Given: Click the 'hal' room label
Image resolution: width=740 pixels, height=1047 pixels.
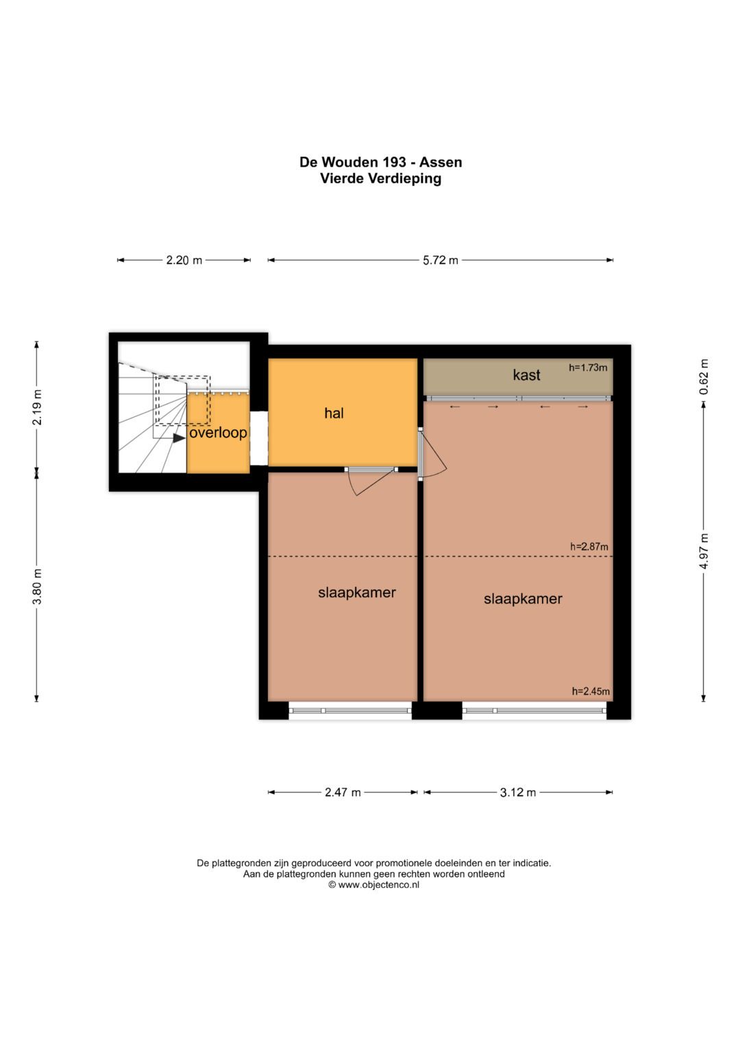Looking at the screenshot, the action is (x=334, y=413).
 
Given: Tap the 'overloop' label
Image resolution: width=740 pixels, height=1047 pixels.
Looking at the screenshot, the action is (x=218, y=433).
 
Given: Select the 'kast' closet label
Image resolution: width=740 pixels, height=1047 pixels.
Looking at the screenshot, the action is (x=526, y=375).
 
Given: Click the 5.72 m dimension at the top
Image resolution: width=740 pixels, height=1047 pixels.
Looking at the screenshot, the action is (x=441, y=261).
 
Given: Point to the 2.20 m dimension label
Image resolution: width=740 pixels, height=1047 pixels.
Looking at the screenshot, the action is (x=184, y=261).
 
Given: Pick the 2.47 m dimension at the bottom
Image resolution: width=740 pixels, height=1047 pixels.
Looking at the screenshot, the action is (x=343, y=792).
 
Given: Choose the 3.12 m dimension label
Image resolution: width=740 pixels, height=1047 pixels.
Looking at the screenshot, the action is (x=518, y=792).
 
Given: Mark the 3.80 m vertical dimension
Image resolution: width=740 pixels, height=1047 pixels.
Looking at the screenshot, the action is (x=37, y=587).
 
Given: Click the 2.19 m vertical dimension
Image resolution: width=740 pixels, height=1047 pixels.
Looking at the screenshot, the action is (x=37, y=407).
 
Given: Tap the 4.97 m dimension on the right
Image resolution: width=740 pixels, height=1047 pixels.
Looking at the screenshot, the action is (x=704, y=551).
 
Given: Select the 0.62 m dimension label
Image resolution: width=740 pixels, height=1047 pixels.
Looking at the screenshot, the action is (x=704, y=376).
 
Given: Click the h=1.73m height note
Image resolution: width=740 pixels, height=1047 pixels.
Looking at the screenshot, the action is (x=588, y=368).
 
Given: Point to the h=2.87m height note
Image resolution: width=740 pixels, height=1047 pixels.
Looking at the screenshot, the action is (x=589, y=546).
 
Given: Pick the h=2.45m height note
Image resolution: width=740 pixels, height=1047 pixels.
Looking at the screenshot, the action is (x=591, y=691).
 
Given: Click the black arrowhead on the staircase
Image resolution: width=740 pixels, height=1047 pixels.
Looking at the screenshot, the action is (x=179, y=438).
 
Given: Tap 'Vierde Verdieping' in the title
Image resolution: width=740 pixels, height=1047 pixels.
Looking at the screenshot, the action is (x=381, y=178).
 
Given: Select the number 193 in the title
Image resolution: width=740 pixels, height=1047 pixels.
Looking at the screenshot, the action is (x=394, y=163).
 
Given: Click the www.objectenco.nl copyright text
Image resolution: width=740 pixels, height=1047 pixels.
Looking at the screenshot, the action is (x=373, y=884).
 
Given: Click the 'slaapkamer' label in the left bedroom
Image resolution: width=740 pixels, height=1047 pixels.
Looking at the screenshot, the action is (x=357, y=592).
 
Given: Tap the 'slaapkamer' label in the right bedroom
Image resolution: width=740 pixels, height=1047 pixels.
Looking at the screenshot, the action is (x=523, y=599).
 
